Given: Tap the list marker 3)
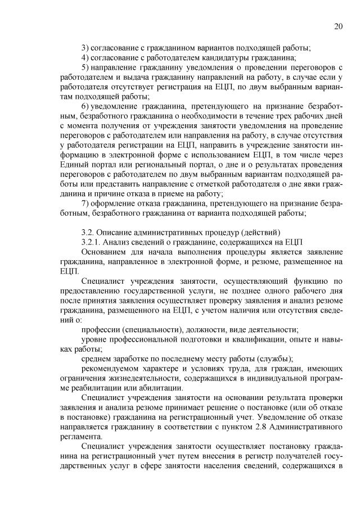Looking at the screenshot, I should pos(86,47).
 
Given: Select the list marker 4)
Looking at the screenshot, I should pos(86,58).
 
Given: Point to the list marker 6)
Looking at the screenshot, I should pos(86,106).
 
